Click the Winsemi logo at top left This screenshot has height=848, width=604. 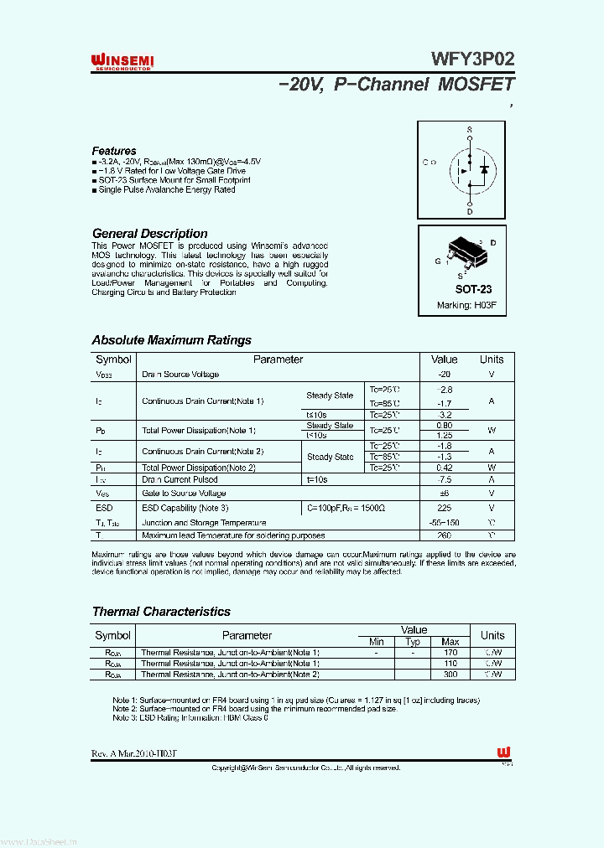(x=122, y=61)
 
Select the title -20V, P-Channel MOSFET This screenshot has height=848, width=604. (x=394, y=85)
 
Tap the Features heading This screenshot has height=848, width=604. (x=114, y=151)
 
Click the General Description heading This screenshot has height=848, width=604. (x=149, y=234)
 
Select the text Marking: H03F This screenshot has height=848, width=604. (x=466, y=306)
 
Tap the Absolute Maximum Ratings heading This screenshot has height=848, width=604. (x=171, y=340)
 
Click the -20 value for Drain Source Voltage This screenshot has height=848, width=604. (x=445, y=375)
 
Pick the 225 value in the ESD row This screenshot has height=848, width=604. (x=445, y=508)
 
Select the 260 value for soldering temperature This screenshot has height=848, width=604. (x=445, y=535)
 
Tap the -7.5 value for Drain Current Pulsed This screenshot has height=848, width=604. (x=445, y=480)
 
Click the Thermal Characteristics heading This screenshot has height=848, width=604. (x=161, y=612)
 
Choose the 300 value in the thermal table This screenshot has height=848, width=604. (x=450, y=674)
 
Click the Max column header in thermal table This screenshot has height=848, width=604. (x=450, y=642)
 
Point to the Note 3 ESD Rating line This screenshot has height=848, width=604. (x=190, y=718)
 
